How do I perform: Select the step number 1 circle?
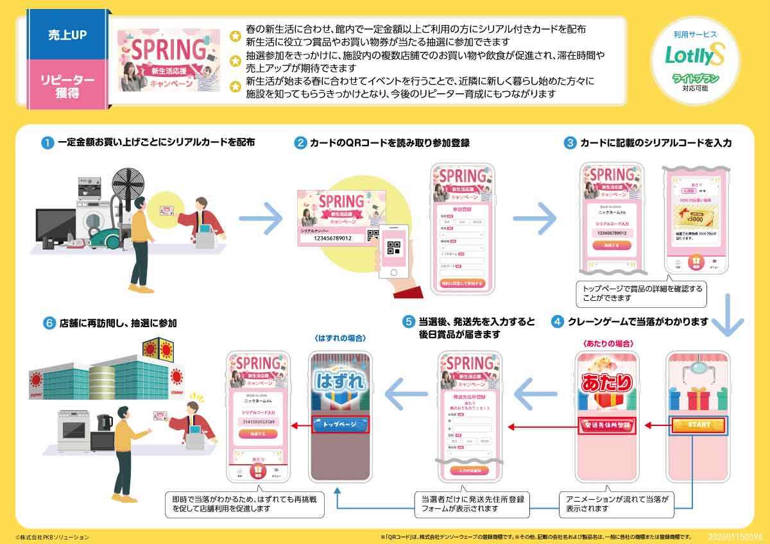point(47,143)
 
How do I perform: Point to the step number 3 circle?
point(569,143)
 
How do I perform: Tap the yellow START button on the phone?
point(699,425)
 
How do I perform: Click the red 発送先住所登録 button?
point(606,425)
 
